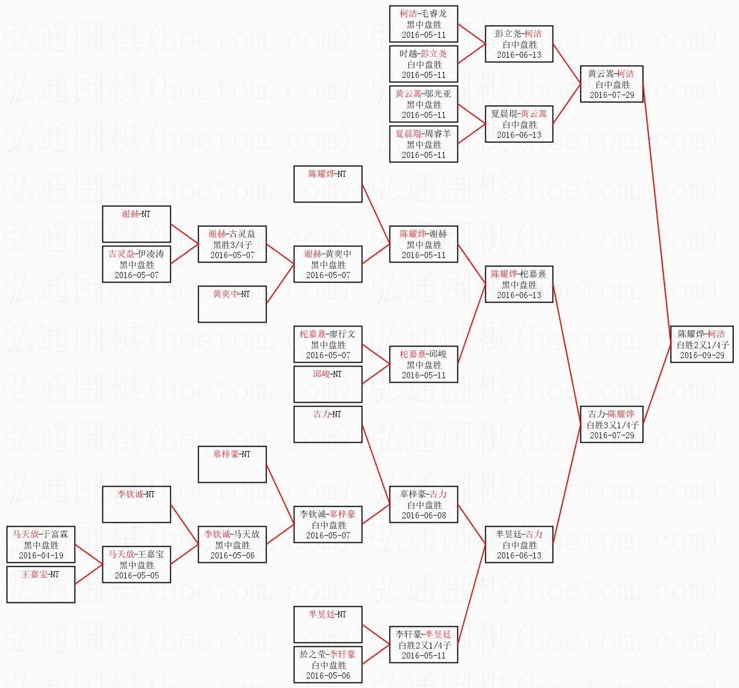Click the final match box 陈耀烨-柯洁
[x=702, y=344]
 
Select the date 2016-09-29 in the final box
[x=702, y=355]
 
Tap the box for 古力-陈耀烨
[x=612, y=424]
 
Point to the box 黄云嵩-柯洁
[x=612, y=84]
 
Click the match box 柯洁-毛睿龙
[x=423, y=24]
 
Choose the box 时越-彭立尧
[x=423, y=64]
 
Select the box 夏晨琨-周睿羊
[x=423, y=144]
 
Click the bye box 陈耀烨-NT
[x=328, y=184]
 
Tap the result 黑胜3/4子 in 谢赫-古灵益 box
[x=233, y=245]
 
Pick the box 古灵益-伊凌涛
[x=136, y=264]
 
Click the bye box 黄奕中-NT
[x=232, y=304]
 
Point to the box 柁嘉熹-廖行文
[x=328, y=344]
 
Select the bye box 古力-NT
[x=328, y=424]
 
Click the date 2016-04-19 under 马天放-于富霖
[x=41, y=556]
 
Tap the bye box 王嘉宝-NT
[x=41, y=585]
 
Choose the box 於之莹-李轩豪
[x=328, y=665]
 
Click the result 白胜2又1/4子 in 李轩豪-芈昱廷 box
[x=424, y=645]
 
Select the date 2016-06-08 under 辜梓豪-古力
[x=424, y=516]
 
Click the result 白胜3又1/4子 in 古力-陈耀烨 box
[x=612, y=425]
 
